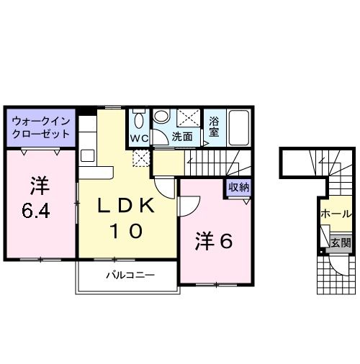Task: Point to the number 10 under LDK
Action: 127,232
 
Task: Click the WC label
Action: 138,137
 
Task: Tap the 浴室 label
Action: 213,127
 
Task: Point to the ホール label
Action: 336,214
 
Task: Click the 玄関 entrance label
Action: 341,243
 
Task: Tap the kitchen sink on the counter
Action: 88,156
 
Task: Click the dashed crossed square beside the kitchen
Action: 141,160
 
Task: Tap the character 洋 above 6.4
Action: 40,186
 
